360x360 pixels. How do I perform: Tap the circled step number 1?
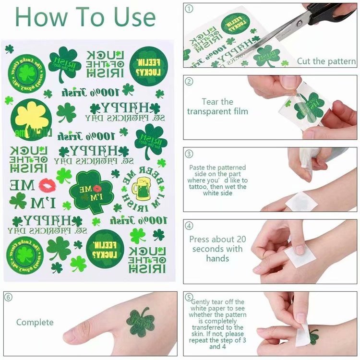[190, 8]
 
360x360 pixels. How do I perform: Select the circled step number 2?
[190, 81]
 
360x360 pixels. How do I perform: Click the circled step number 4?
[190, 226]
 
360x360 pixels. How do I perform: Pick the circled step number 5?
[190, 298]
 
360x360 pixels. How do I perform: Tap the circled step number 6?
[9, 298]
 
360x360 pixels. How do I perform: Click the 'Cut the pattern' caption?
[326, 61]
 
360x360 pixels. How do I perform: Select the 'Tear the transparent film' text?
[217, 107]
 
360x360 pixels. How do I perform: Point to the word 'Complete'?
[35, 322]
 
